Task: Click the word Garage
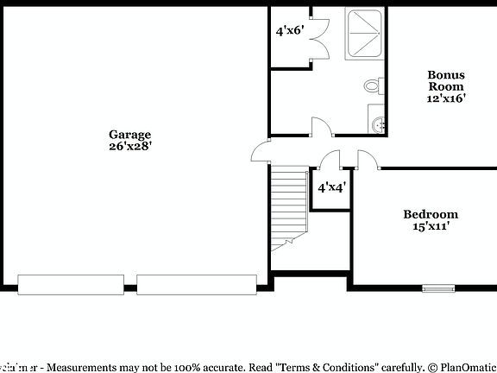pos(129,134)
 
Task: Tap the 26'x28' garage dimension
pos(129,146)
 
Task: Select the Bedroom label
pos(431,214)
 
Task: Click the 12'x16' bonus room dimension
pos(446,98)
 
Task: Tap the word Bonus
pos(446,74)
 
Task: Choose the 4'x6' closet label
pos(290,31)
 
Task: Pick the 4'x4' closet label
pos(331,187)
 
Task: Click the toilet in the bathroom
pos(374,86)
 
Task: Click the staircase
pos(289,207)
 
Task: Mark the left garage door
pos(75,284)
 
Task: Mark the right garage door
pos(197,284)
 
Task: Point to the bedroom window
pos(437,288)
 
